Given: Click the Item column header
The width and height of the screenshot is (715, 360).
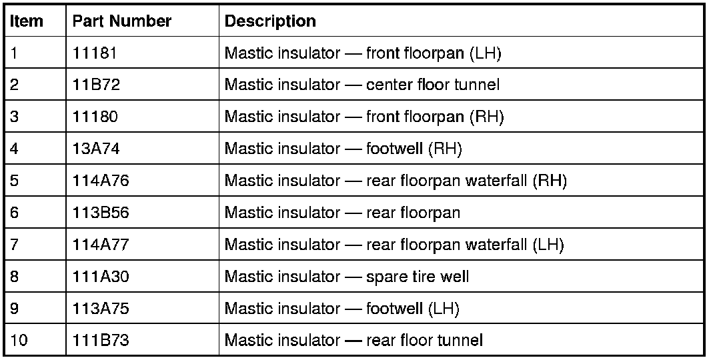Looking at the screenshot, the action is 27,21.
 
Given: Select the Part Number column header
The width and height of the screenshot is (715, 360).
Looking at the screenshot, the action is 121,21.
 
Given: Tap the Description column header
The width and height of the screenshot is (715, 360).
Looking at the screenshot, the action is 270,21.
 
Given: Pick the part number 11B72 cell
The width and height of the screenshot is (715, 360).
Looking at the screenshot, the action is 95,85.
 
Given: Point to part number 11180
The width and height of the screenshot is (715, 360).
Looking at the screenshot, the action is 95,117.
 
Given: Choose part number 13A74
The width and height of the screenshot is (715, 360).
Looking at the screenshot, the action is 95,149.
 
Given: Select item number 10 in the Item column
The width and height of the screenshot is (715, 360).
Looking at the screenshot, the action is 19,340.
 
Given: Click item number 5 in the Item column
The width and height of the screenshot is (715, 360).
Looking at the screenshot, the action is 14,181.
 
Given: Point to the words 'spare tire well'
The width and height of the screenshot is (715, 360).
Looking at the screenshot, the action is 418,276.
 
